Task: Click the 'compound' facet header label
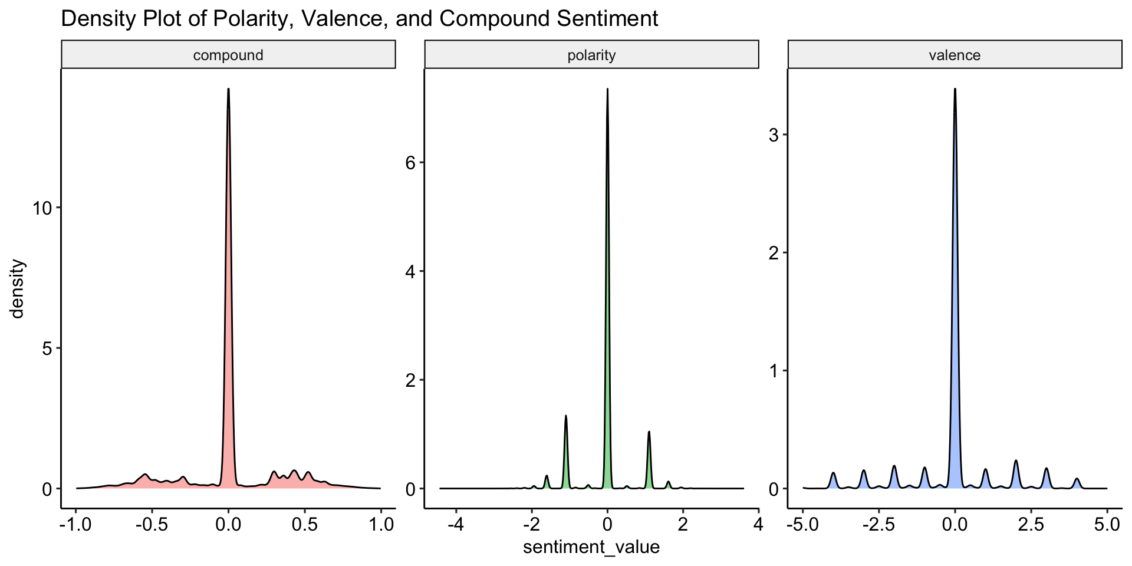(x=228, y=55)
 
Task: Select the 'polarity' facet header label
(x=591, y=55)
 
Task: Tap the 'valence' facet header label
(x=955, y=55)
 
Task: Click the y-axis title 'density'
(x=18, y=289)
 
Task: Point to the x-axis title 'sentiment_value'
(x=591, y=547)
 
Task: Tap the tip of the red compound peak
(x=228, y=90)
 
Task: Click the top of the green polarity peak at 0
(x=607, y=90)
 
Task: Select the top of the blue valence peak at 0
(x=955, y=90)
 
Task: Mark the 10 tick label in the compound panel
(x=42, y=208)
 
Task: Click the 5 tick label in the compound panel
(x=48, y=348)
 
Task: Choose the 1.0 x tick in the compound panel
(x=380, y=524)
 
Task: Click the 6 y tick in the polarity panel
(x=410, y=163)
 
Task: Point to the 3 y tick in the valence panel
(x=774, y=135)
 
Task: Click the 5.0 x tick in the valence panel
(x=1107, y=524)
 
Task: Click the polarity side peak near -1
(x=565, y=416)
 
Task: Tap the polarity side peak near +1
(x=649, y=432)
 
